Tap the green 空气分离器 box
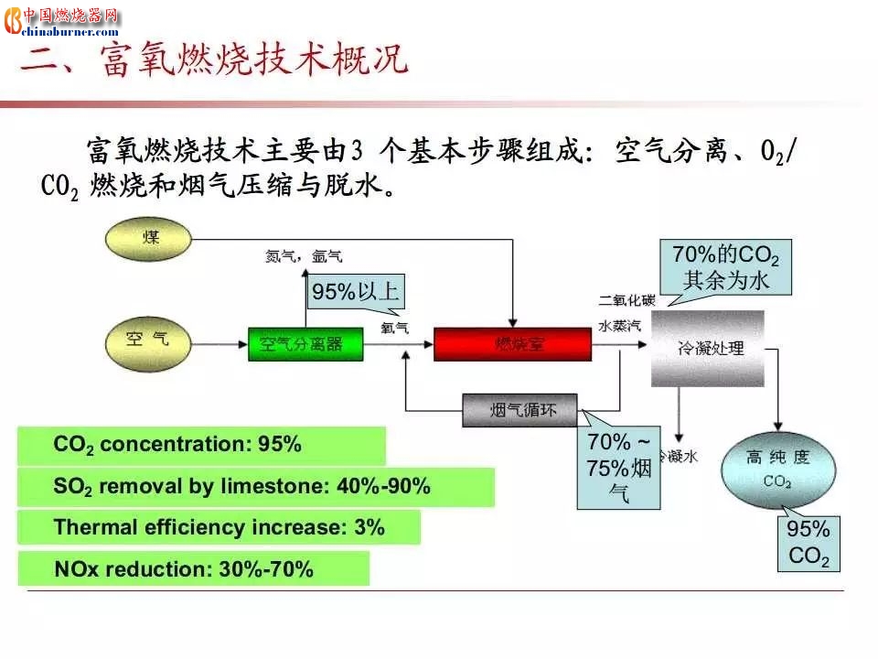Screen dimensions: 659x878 (x=305, y=344)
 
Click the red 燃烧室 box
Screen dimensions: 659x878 (x=511, y=344)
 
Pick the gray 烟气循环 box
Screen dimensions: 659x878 (x=522, y=410)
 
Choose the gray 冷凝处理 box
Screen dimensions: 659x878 (x=708, y=348)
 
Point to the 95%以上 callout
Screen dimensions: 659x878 (x=355, y=292)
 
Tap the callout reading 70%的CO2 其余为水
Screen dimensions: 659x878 (x=720, y=266)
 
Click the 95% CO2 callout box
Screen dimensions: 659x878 (x=808, y=543)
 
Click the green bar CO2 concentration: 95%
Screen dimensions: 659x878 (x=201, y=446)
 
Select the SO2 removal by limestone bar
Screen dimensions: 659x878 (x=256, y=487)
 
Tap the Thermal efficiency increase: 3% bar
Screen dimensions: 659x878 (x=219, y=528)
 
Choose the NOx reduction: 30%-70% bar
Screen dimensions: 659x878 (x=194, y=569)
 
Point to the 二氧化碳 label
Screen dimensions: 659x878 (x=626, y=300)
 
